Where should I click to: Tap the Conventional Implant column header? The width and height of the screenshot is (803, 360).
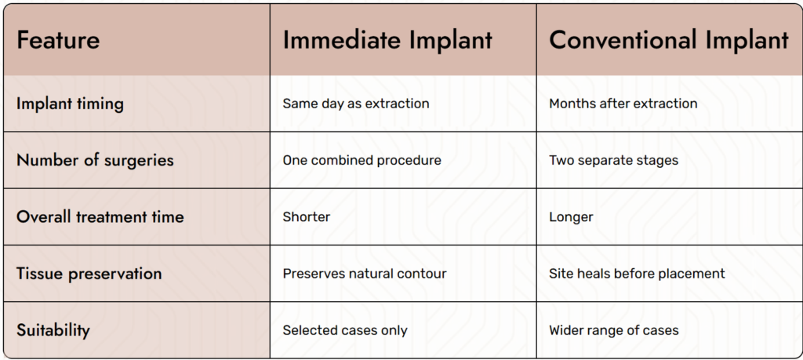(669, 41)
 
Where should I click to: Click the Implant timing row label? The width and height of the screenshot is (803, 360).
(70, 104)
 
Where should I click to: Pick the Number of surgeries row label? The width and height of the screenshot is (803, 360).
(95, 160)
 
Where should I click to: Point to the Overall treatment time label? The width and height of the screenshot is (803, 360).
(100, 216)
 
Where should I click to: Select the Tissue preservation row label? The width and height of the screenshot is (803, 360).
(89, 274)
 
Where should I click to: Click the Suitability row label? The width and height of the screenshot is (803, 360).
(53, 330)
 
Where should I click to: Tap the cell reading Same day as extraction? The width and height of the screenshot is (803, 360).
(356, 104)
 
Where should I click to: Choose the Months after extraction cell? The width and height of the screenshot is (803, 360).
(623, 104)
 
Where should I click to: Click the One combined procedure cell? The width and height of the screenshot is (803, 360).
(362, 160)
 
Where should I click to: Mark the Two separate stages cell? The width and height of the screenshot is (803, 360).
(613, 160)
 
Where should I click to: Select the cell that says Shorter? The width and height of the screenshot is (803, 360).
(307, 216)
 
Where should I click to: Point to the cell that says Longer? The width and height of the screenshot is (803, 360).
(571, 217)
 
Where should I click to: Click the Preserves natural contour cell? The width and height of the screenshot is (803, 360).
(365, 274)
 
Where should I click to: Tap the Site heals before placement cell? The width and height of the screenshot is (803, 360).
(637, 274)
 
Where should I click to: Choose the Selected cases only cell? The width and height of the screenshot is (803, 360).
(345, 330)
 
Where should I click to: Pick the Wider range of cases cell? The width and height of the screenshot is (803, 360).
(614, 330)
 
